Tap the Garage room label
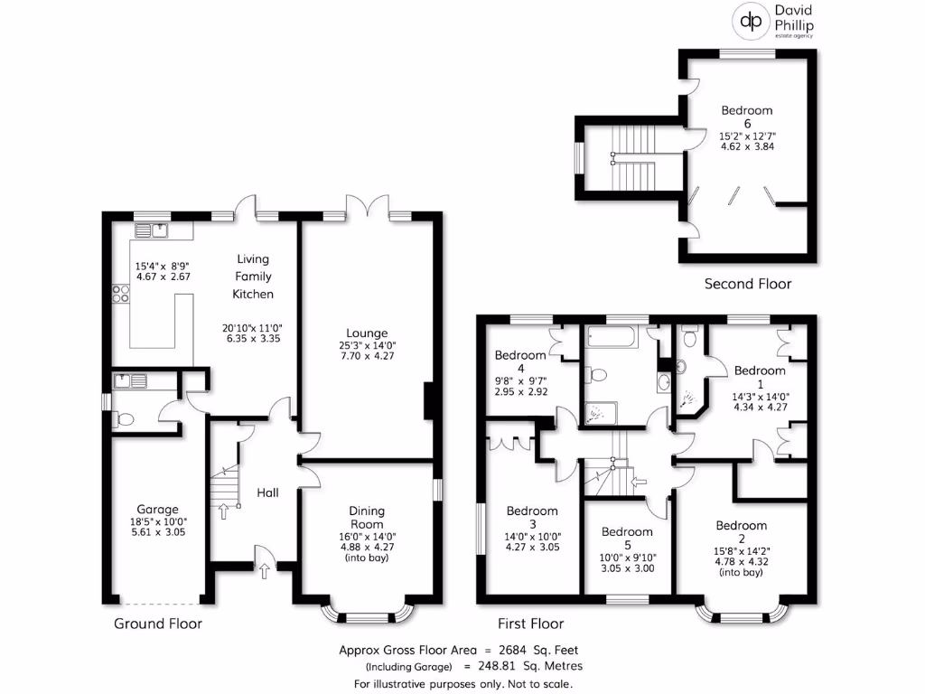point(157,509)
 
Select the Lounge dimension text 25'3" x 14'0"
point(366,344)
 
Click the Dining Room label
point(367,517)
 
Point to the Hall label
point(267,492)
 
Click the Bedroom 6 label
point(747,117)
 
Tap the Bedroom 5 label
point(627,531)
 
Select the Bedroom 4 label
point(519,362)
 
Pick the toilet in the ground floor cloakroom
point(126,418)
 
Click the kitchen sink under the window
point(160,230)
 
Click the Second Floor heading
point(747,284)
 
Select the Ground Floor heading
point(158,624)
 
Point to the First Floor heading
point(531,624)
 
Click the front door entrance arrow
point(264,570)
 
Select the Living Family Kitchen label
point(253,277)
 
